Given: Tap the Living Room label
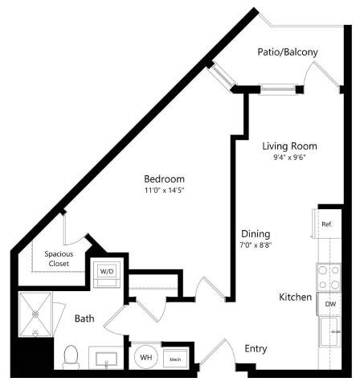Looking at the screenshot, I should point(290,146).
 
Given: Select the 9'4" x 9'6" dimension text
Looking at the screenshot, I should point(290,158).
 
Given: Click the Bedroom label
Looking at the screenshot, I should point(164,179).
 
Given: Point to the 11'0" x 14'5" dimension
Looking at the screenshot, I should point(164,191).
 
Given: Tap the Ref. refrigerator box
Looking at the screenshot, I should point(326,225).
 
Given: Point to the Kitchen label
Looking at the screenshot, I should point(295,298).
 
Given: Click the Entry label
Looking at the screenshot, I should point(256,348).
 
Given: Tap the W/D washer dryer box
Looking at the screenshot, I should point(107,272).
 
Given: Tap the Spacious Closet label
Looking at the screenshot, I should point(59,259).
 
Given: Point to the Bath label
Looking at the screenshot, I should point(84,318).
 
